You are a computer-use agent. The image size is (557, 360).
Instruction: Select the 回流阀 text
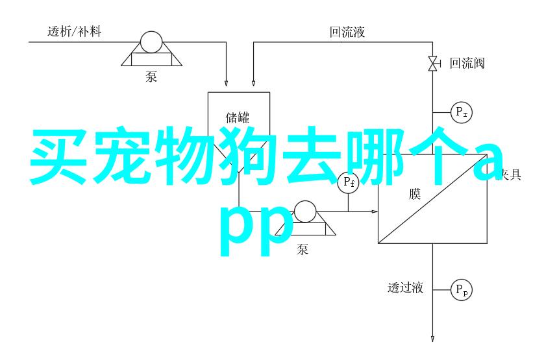tap(467, 63)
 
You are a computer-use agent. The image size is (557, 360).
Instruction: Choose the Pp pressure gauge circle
tap(462, 289)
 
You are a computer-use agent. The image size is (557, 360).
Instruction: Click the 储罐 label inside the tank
tap(238, 117)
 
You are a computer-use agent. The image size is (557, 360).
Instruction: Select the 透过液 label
tap(406, 288)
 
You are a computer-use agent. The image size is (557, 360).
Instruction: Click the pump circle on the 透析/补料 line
tap(151, 42)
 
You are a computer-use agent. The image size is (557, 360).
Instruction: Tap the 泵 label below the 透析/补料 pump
tap(151, 77)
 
